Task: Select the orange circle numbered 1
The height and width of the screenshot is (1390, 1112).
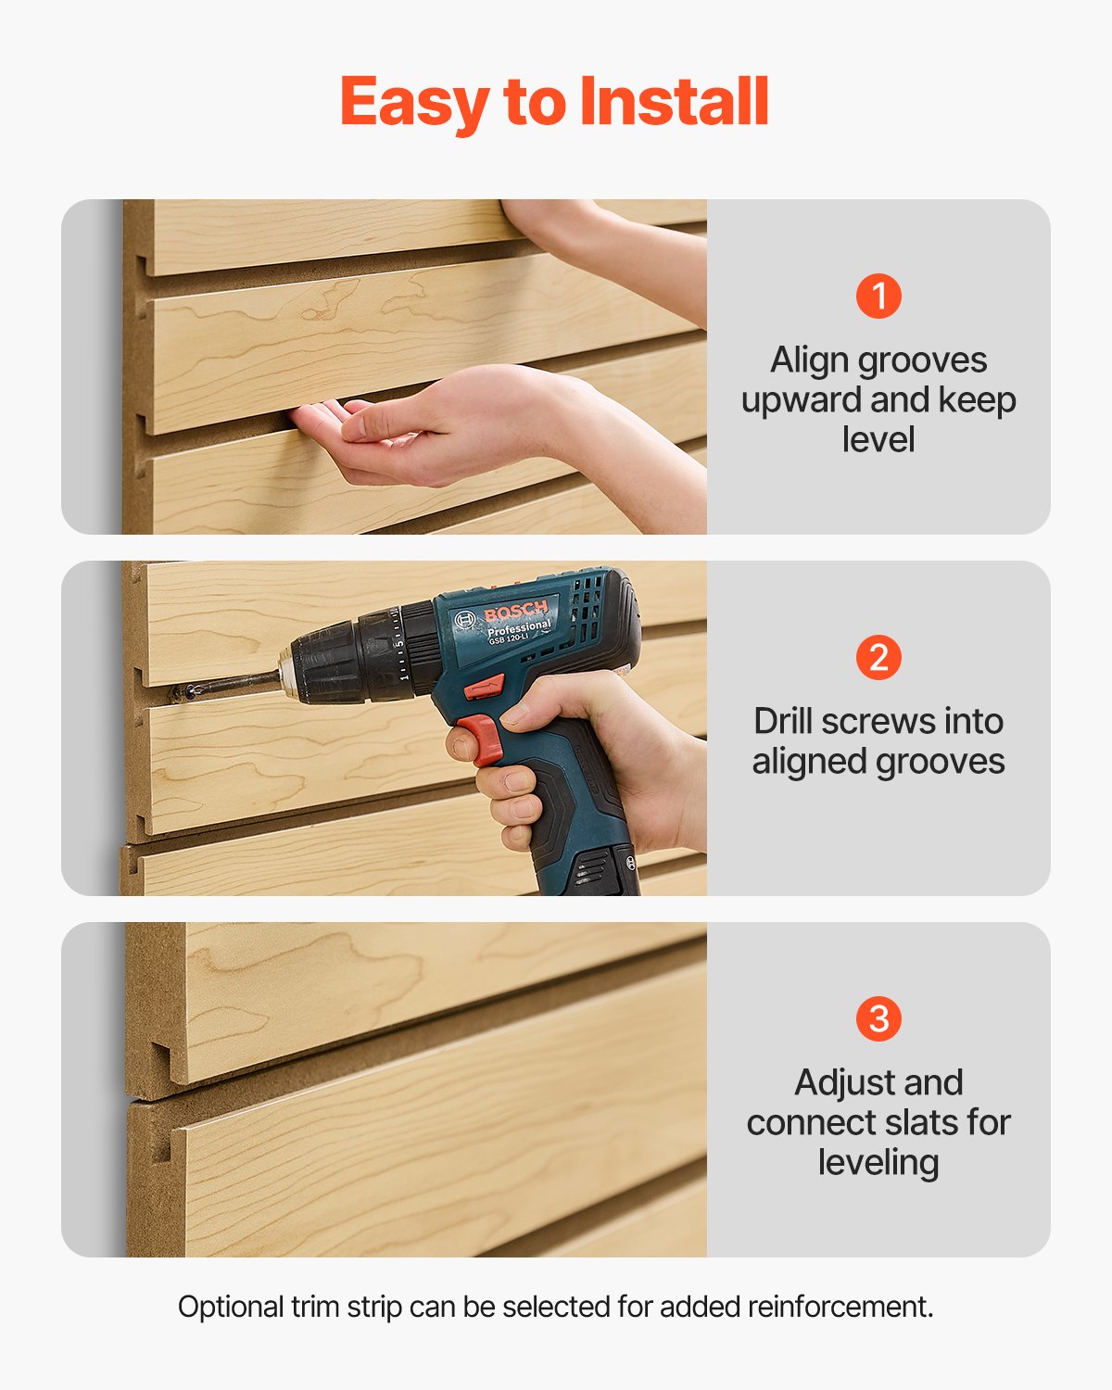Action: point(878,297)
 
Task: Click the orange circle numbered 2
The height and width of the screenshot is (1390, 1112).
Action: point(878,658)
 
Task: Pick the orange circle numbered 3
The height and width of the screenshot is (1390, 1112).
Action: point(878,1019)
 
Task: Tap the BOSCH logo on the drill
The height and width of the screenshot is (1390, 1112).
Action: point(515,613)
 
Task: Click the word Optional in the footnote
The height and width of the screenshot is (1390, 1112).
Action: point(231,1307)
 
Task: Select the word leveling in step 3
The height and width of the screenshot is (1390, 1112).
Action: point(878,1163)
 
